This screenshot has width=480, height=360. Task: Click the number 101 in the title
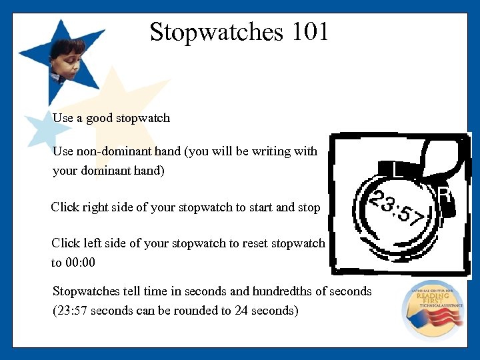309,32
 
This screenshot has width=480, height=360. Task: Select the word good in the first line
99,118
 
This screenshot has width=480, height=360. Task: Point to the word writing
271,151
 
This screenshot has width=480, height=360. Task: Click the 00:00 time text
81,263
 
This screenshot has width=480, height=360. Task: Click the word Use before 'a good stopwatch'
63,118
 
